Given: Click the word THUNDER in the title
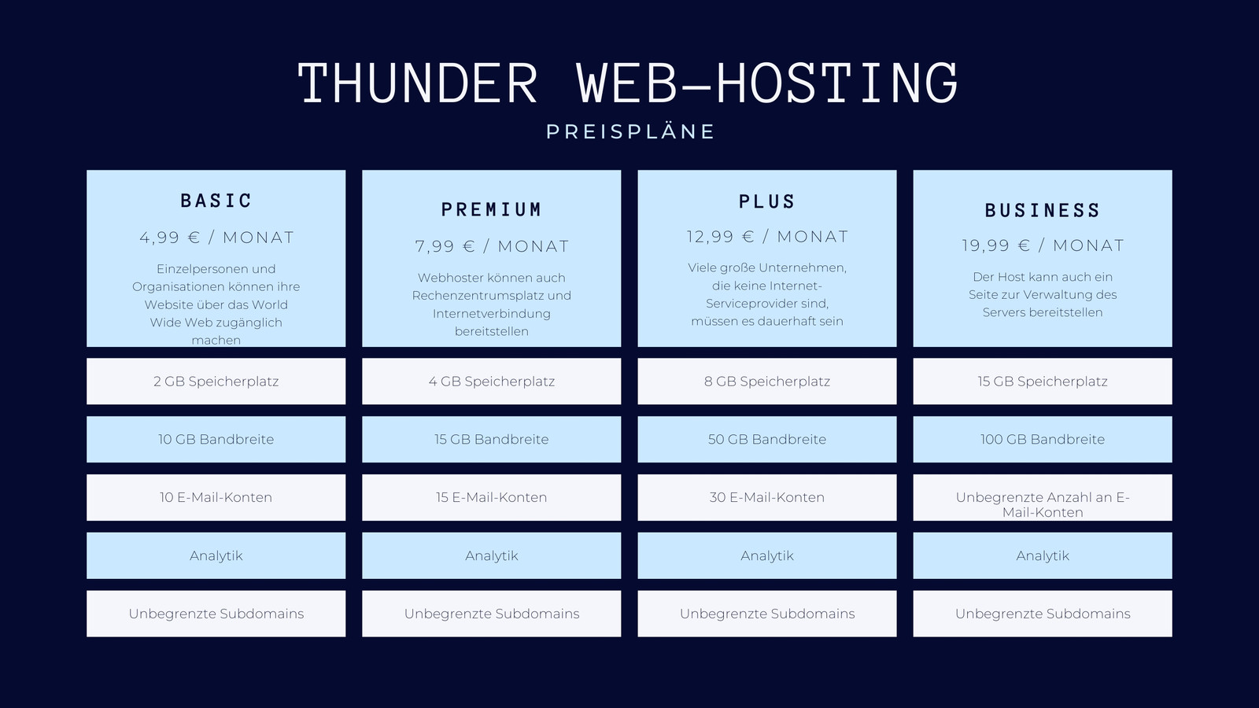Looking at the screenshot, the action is click(418, 83).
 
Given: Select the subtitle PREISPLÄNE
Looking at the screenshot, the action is click(630, 131).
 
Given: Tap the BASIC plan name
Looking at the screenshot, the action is click(216, 201).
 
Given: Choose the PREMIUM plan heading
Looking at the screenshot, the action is click(492, 209).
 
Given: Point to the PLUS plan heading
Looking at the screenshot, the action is click(767, 201).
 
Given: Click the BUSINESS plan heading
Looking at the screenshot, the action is click(1043, 210).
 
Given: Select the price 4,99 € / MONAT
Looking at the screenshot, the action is click(216, 238).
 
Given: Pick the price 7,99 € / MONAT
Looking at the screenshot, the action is click(492, 246).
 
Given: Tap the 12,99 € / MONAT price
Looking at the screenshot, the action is click(767, 237).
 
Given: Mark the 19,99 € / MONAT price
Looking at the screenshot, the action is click(1043, 245).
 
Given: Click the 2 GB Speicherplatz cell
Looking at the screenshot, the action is click(216, 382).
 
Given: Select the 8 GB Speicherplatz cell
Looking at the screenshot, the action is click(767, 382).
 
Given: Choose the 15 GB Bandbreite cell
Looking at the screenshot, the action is click(492, 440).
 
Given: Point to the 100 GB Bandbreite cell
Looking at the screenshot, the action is click(1043, 440).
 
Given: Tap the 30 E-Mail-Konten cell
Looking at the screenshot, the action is click(767, 497).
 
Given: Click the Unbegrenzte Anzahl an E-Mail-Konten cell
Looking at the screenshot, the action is click(1043, 497).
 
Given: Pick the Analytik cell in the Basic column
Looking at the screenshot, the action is click(216, 555).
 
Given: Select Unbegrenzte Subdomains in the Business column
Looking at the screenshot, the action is click(1043, 614).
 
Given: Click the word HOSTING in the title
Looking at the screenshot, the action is click(837, 83).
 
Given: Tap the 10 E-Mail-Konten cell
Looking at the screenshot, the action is click(216, 497).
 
